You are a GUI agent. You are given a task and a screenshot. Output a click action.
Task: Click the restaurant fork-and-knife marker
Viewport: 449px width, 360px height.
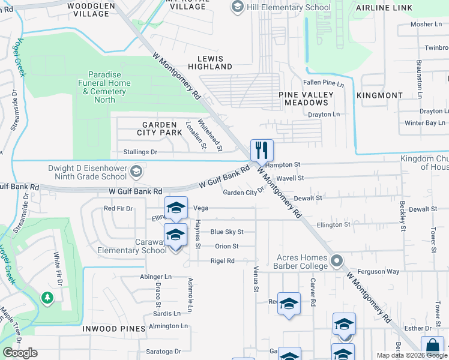[x=261, y=150]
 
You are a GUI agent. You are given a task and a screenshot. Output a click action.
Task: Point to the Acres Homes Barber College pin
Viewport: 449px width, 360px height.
[x=337, y=261]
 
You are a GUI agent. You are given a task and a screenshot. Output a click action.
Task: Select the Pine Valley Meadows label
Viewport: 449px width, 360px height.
[x=307, y=99]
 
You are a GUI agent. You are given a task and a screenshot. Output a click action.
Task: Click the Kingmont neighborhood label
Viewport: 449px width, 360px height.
[x=379, y=95]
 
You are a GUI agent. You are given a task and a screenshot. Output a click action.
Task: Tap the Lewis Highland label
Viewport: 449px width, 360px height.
[x=210, y=63]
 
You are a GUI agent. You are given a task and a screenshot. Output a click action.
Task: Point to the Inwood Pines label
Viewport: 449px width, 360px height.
[x=121, y=329]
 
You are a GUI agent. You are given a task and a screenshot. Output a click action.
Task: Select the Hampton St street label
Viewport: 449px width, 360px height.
[x=282, y=164]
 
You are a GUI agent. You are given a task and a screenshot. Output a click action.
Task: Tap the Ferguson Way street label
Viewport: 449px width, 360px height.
[x=378, y=272]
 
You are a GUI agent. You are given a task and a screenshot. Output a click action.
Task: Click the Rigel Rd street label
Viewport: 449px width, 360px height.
[x=222, y=261]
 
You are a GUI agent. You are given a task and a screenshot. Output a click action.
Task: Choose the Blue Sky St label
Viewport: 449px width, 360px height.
[x=226, y=232]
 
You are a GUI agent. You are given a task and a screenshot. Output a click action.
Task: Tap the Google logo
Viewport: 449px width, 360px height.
[x=20, y=353]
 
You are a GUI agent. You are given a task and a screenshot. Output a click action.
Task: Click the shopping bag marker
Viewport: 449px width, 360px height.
[x=432, y=348]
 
